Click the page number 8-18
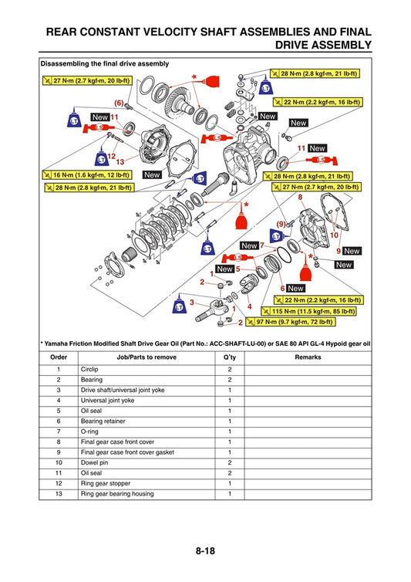[205, 551]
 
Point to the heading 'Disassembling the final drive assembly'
[105, 63]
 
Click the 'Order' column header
[59, 358]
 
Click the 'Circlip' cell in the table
[90, 370]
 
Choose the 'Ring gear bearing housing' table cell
[116, 493]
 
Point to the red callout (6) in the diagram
[119, 103]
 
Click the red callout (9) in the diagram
[281, 224]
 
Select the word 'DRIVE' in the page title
[298, 46]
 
